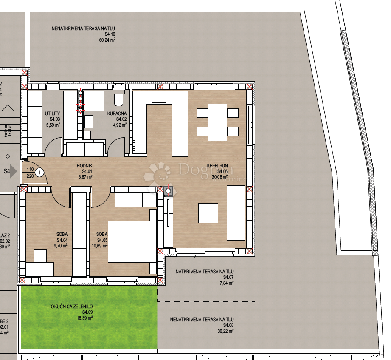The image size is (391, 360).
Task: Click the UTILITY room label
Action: [53, 113]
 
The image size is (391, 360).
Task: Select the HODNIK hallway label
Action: [84, 166]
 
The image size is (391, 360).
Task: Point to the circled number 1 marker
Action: [39, 173]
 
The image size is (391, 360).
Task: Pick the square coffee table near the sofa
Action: [208, 213]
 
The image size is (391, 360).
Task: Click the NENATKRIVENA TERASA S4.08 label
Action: [202, 320]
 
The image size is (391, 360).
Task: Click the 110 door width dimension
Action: [30, 169]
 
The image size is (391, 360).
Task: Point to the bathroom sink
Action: [89, 122]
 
